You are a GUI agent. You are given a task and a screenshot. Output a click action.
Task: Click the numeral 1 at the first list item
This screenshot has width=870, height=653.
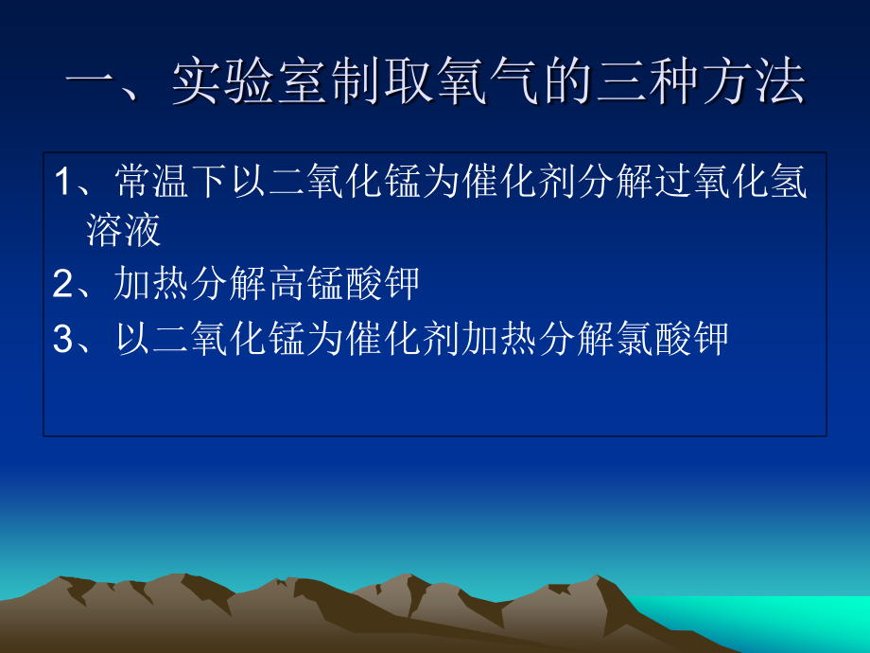pyautogui.click(x=62, y=183)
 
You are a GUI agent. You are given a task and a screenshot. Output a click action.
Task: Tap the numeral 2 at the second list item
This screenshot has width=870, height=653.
pyautogui.click(x=63, y=284)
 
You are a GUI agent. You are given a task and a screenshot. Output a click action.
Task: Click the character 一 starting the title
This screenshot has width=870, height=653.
pyautogui.click(x=92, y=84)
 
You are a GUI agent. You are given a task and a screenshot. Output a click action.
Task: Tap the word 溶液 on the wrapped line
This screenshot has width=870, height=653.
pyautogui.click(x=124, y=230)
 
